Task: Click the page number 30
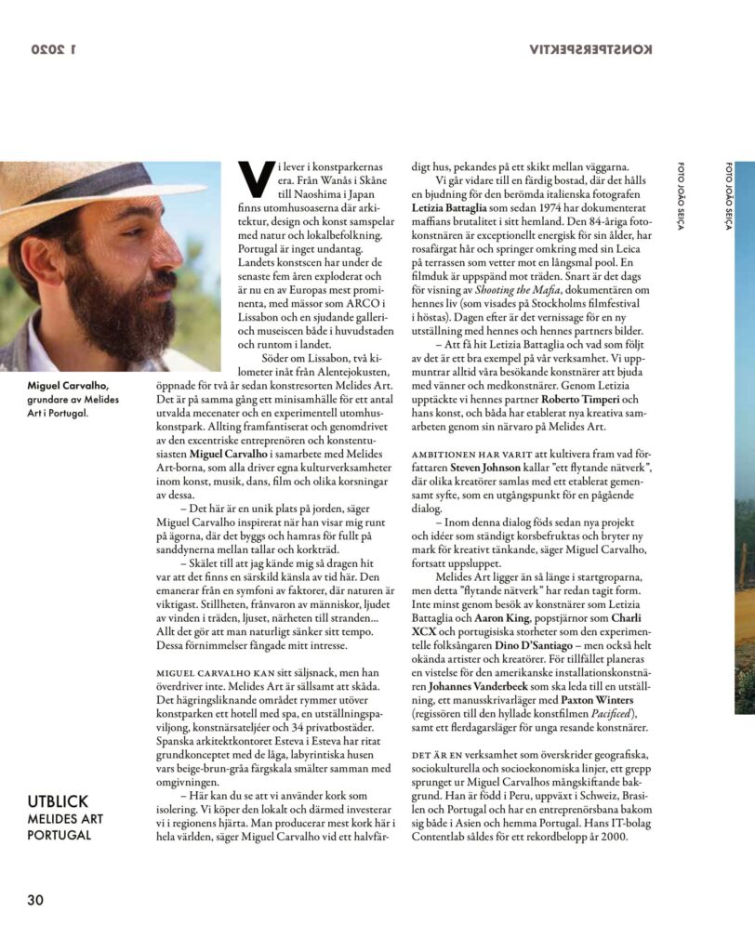[35, 900]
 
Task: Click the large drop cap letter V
[248, 175]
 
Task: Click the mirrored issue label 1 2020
[61, 49]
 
